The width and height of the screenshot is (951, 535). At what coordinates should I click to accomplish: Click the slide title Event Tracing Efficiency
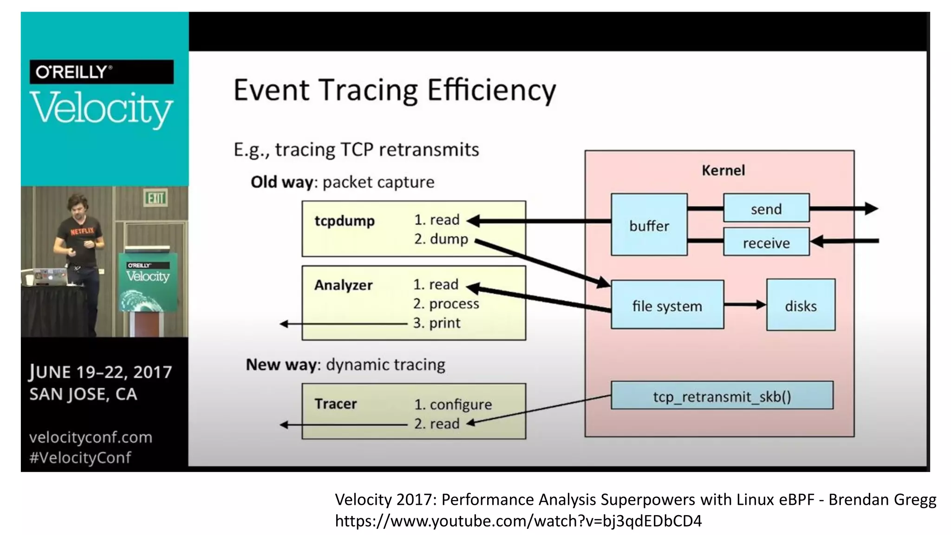(394, 91)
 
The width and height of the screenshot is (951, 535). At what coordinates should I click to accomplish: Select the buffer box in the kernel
(649, 225)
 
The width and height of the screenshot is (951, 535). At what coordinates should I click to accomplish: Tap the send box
(766, 209)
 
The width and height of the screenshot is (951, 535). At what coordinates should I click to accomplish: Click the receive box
(766, 242)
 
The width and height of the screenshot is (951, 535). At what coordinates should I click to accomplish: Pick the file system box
(667, 306)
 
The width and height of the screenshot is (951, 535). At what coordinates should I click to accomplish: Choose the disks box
(801, 306)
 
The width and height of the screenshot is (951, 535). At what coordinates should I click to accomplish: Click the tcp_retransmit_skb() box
(722, 396)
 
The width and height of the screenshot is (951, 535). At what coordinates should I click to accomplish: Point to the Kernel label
(723, 170)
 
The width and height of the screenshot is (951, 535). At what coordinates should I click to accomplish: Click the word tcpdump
(344, 221)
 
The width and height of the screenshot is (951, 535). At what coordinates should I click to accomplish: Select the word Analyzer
(343, 285)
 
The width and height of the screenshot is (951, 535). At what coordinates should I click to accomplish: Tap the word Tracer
(335, 404)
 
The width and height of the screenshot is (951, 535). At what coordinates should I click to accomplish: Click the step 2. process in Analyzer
(446, 304)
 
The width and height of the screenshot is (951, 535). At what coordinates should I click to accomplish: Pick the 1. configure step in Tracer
(453, 405)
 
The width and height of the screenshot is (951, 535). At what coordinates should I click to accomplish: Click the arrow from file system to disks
(745, 305)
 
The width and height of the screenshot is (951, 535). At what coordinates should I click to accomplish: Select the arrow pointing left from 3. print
(344, 324)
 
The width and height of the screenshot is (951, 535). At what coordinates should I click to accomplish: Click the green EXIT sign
(156, 198)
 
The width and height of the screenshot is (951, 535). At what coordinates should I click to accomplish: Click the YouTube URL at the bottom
(518, 521)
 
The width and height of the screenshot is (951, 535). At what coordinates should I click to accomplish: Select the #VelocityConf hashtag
(80, 458)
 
